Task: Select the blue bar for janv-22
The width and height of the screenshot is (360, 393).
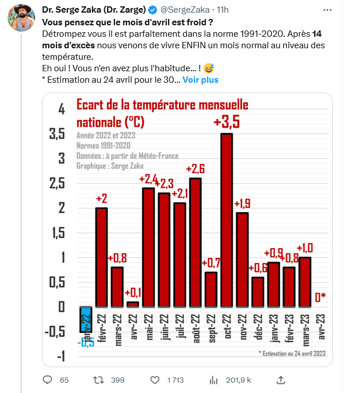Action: (x=86, y=319)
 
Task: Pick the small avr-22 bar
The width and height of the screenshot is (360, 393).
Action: (x=132, y=303)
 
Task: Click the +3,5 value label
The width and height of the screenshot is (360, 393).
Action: (x=226, y=122)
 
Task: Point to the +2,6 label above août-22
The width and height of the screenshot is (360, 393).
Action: (x=196, y=168)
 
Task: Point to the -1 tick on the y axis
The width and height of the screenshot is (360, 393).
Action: (x=60, y=356)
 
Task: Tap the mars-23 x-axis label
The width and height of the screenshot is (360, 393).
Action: (x=305, y=328)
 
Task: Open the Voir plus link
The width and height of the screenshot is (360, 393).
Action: (x=201, y=80)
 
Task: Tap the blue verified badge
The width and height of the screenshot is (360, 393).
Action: (x=152, y=10)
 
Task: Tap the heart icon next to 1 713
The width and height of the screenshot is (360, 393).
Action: (x=155, y=380)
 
